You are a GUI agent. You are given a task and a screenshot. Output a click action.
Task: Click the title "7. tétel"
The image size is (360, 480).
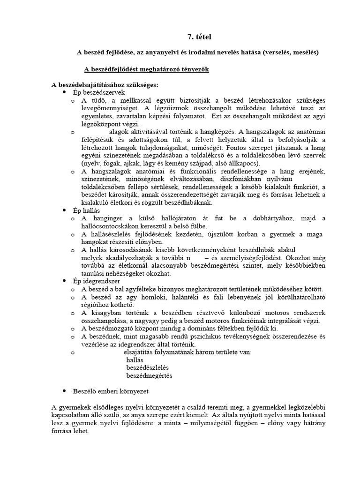[x=193, y=37]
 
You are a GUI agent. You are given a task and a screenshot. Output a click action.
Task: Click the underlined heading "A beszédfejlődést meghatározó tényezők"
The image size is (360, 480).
[x=146, y=69]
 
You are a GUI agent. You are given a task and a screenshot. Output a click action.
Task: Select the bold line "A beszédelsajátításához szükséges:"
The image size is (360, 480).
[x=105, y=85]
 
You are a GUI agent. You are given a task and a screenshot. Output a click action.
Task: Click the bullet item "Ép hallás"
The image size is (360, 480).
[x=86, y=211]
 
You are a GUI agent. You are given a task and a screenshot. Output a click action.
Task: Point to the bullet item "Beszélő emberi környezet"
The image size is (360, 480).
[x=110, y=390]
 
